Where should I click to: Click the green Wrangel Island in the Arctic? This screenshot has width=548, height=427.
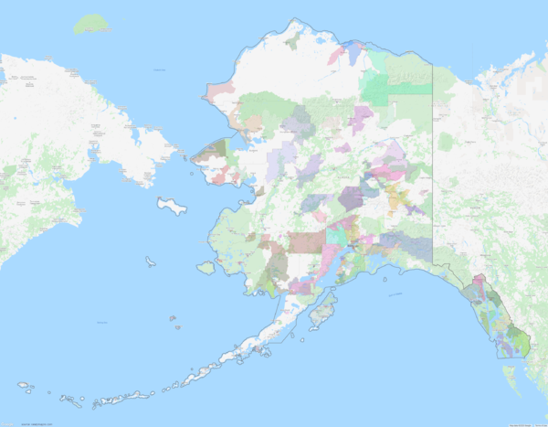click(90, 24)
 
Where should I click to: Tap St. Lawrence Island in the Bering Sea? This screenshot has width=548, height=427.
click(171, 204)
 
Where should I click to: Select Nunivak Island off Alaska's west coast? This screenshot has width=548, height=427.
click(205, 268)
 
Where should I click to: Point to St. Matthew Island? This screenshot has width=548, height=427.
click(149, 262)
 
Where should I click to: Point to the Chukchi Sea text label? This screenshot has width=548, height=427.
click(161, 69)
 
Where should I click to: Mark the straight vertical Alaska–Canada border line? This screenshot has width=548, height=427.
click(432, 165)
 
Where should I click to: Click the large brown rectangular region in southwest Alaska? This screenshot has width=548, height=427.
click(308, 241)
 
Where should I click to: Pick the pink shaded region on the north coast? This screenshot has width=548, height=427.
click(335, 56)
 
